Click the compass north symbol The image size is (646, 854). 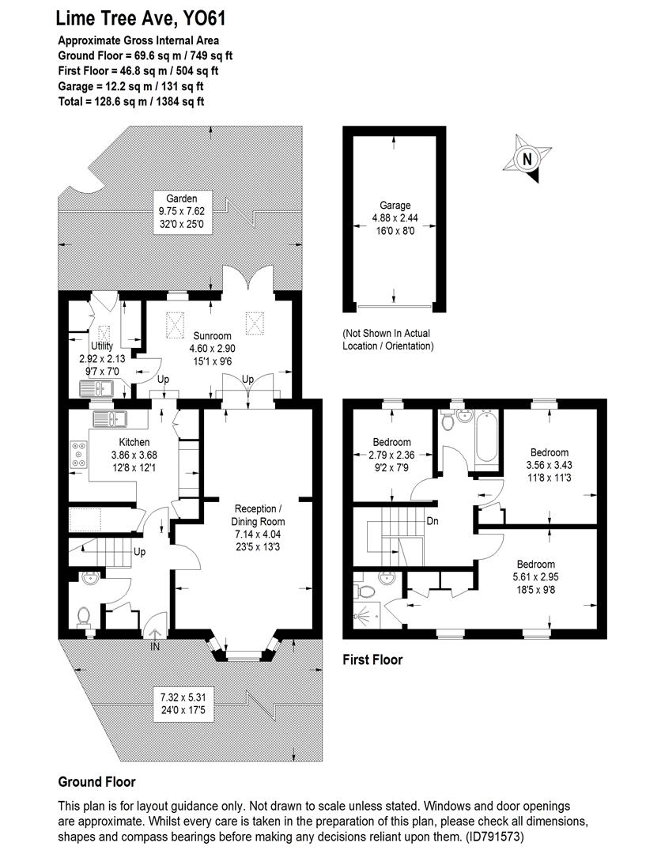pyautogui.click(x=527, y=160)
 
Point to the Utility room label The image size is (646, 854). pyautogui.click(x=102, y=346)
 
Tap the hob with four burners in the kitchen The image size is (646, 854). pyautogui.click(x=79, y=455)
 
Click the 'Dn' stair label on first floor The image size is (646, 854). pyautogui.click(x=433, y=521)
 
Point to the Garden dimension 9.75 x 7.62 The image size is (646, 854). pyautogui.click(x=181, y=211)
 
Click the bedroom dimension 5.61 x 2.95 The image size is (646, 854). pyautogui.click(x=535, y=576)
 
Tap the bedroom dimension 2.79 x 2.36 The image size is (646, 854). pyautogui.click(x=391, y=455)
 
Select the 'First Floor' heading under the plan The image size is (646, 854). pyautogui.click(x=372, y=659)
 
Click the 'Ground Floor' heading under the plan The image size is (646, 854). pyautogui.click(x=96, y=781)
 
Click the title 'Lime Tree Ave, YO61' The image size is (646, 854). pyautogui.click(x=134, y=18)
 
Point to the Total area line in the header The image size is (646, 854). pyautogui.click(x=131, y=101)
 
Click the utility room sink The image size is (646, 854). pyautogui.click(x=99, y=388)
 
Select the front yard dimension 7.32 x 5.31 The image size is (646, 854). pyautogui.click(x=187, y=697)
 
